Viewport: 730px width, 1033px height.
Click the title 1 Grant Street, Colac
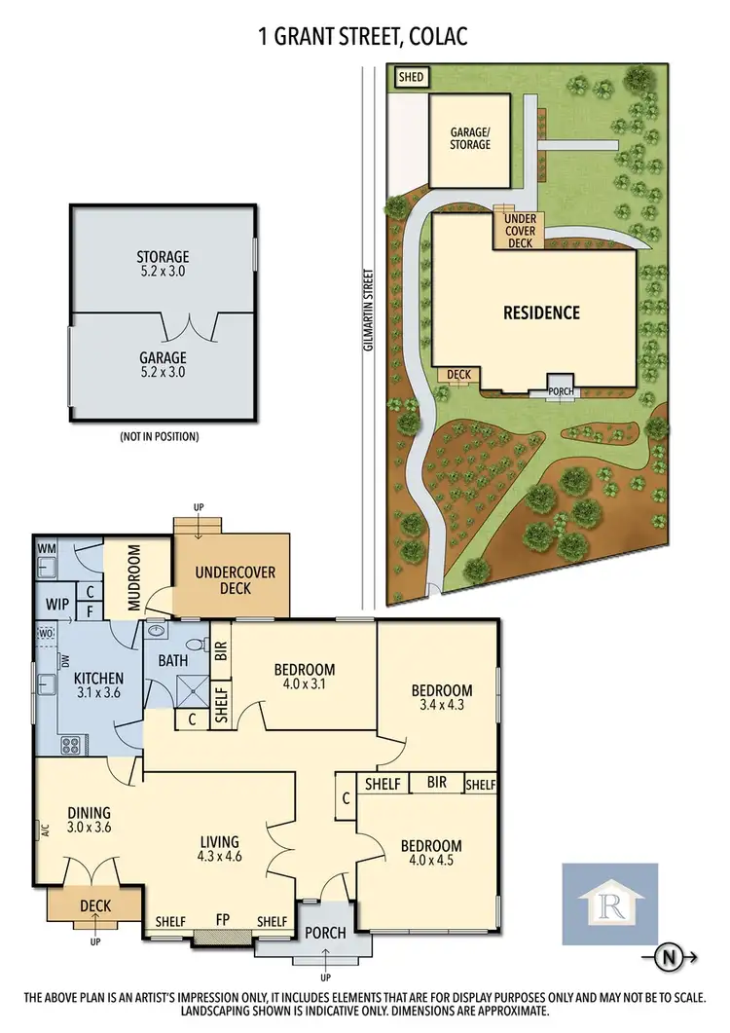point(365,38)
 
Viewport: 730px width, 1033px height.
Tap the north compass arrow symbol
point(670,956)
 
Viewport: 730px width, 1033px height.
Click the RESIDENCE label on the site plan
point(541,313)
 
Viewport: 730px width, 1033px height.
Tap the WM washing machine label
point(46,549)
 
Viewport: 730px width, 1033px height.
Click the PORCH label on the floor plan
point(325,933)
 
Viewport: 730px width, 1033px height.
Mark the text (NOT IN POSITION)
point(159,437)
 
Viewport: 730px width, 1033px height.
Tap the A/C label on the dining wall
point(45,830)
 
